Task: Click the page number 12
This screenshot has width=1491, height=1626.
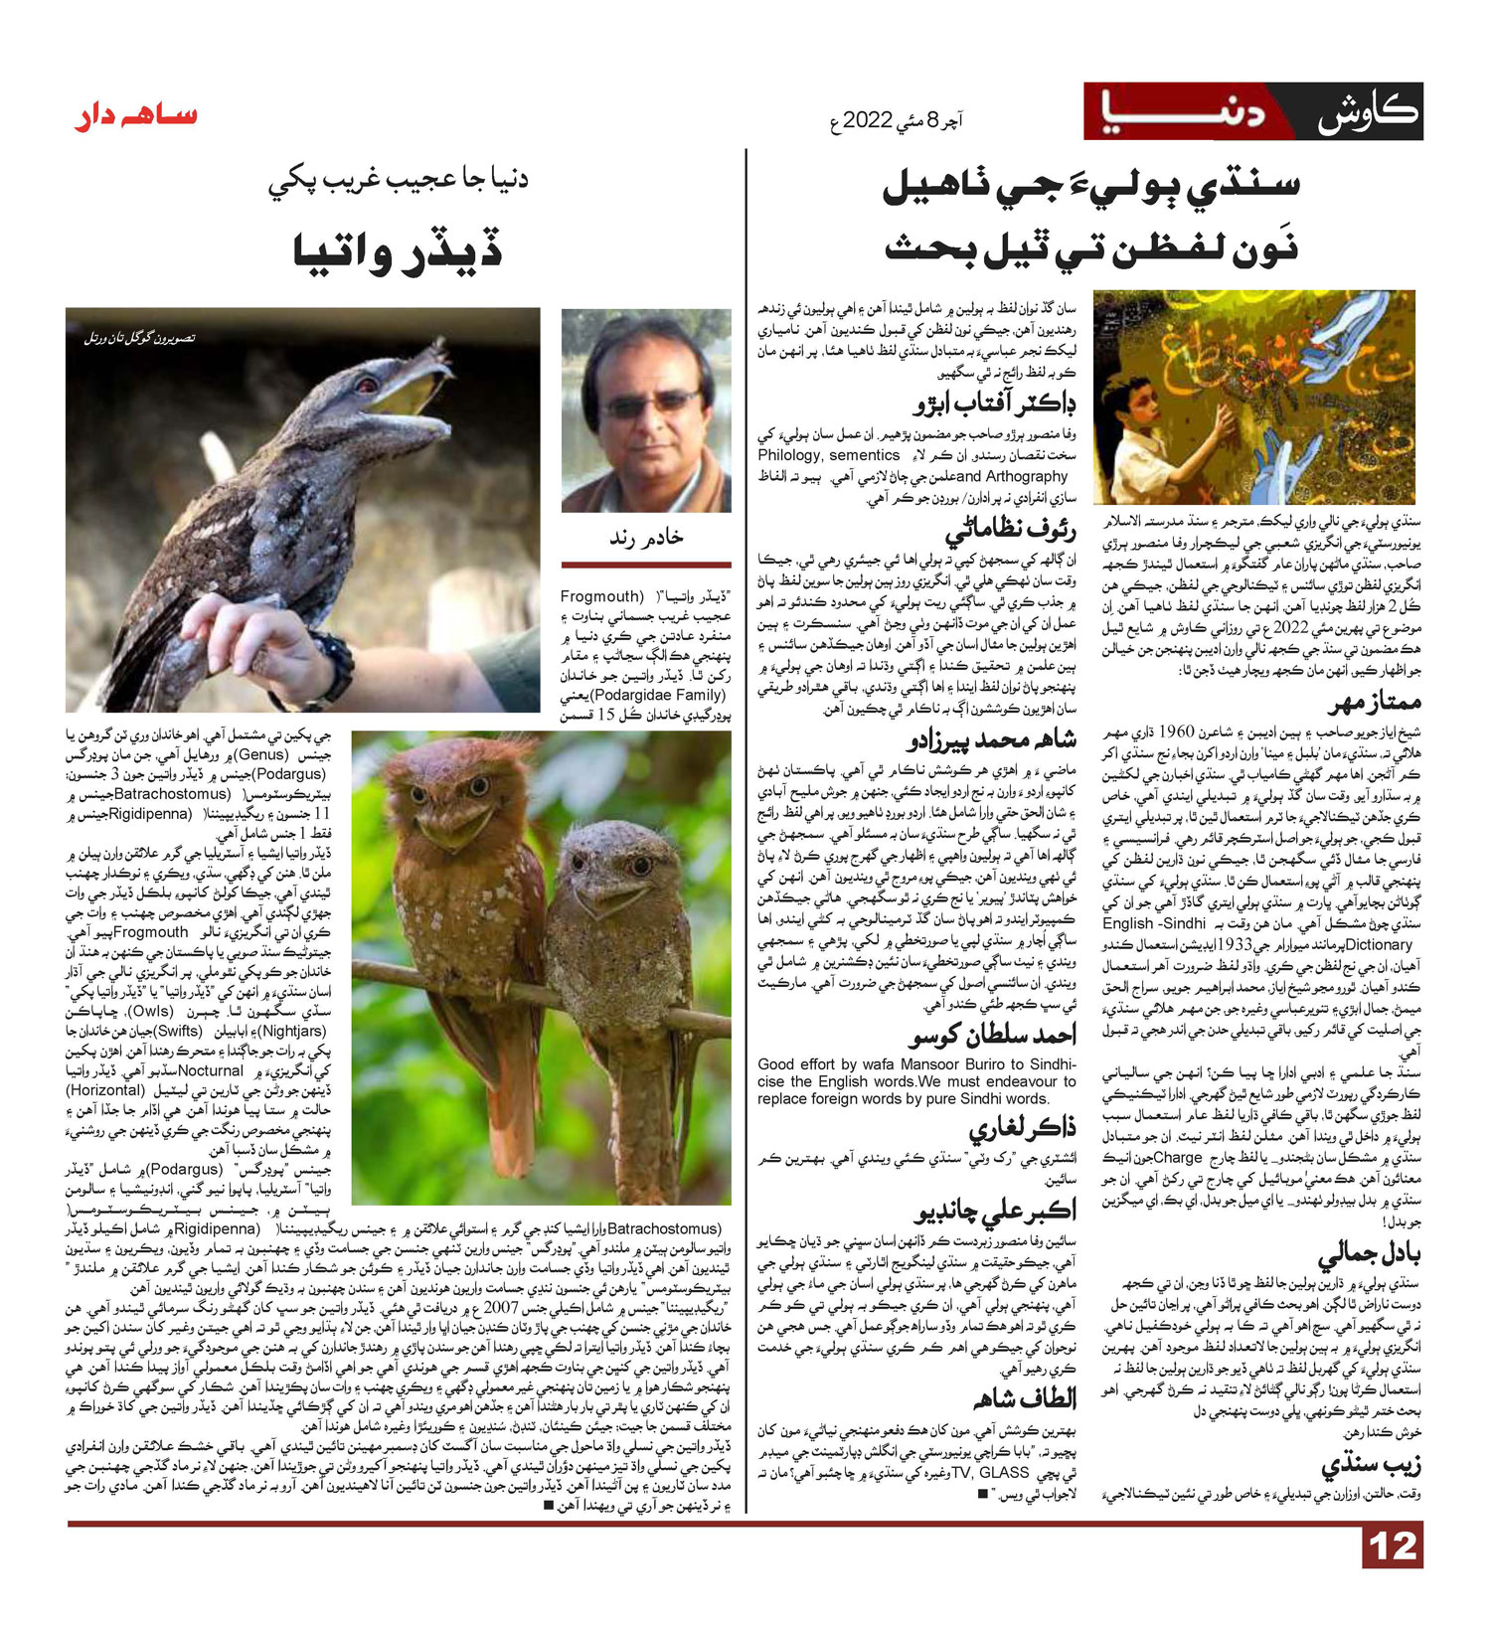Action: (1392, 1547)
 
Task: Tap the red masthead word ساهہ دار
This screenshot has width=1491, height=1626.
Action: (136, 116)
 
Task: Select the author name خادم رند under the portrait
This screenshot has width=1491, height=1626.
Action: (646, 537)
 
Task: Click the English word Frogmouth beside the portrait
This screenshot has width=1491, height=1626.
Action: (601, 596)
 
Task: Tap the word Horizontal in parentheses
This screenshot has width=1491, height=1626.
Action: (110, 1090)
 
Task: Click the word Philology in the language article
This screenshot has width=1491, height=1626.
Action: (789, 455)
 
